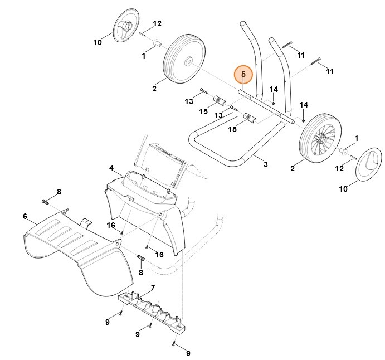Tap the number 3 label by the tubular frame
point(265,164)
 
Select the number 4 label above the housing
point(111,168)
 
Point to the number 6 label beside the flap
point(25,216)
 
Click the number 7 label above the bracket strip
point(153,288)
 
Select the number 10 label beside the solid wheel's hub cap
point(98,42)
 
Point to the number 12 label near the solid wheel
point(157,23)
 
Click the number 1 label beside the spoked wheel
point(357,138)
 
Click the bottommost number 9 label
point(188,353)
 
